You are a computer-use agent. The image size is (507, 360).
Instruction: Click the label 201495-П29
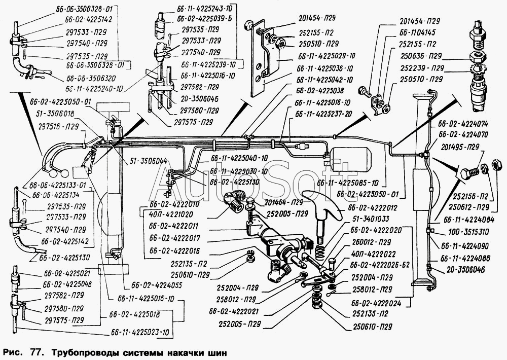point(460,148)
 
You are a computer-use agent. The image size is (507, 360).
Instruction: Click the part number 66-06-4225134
point(57,194)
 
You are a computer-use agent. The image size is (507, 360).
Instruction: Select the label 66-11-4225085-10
point(348,183)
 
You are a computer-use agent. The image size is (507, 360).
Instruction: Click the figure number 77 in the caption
point(32,351)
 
